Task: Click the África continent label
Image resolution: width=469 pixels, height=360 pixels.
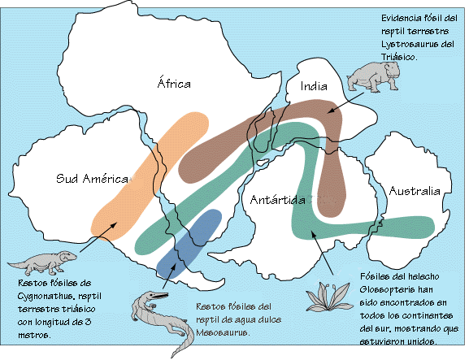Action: pos(173,83)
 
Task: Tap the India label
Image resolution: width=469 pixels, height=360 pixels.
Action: pos(313,85)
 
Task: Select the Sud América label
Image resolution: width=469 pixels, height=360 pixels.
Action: pos(93,179)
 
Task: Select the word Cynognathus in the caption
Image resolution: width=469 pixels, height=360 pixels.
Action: pos(36,297)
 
